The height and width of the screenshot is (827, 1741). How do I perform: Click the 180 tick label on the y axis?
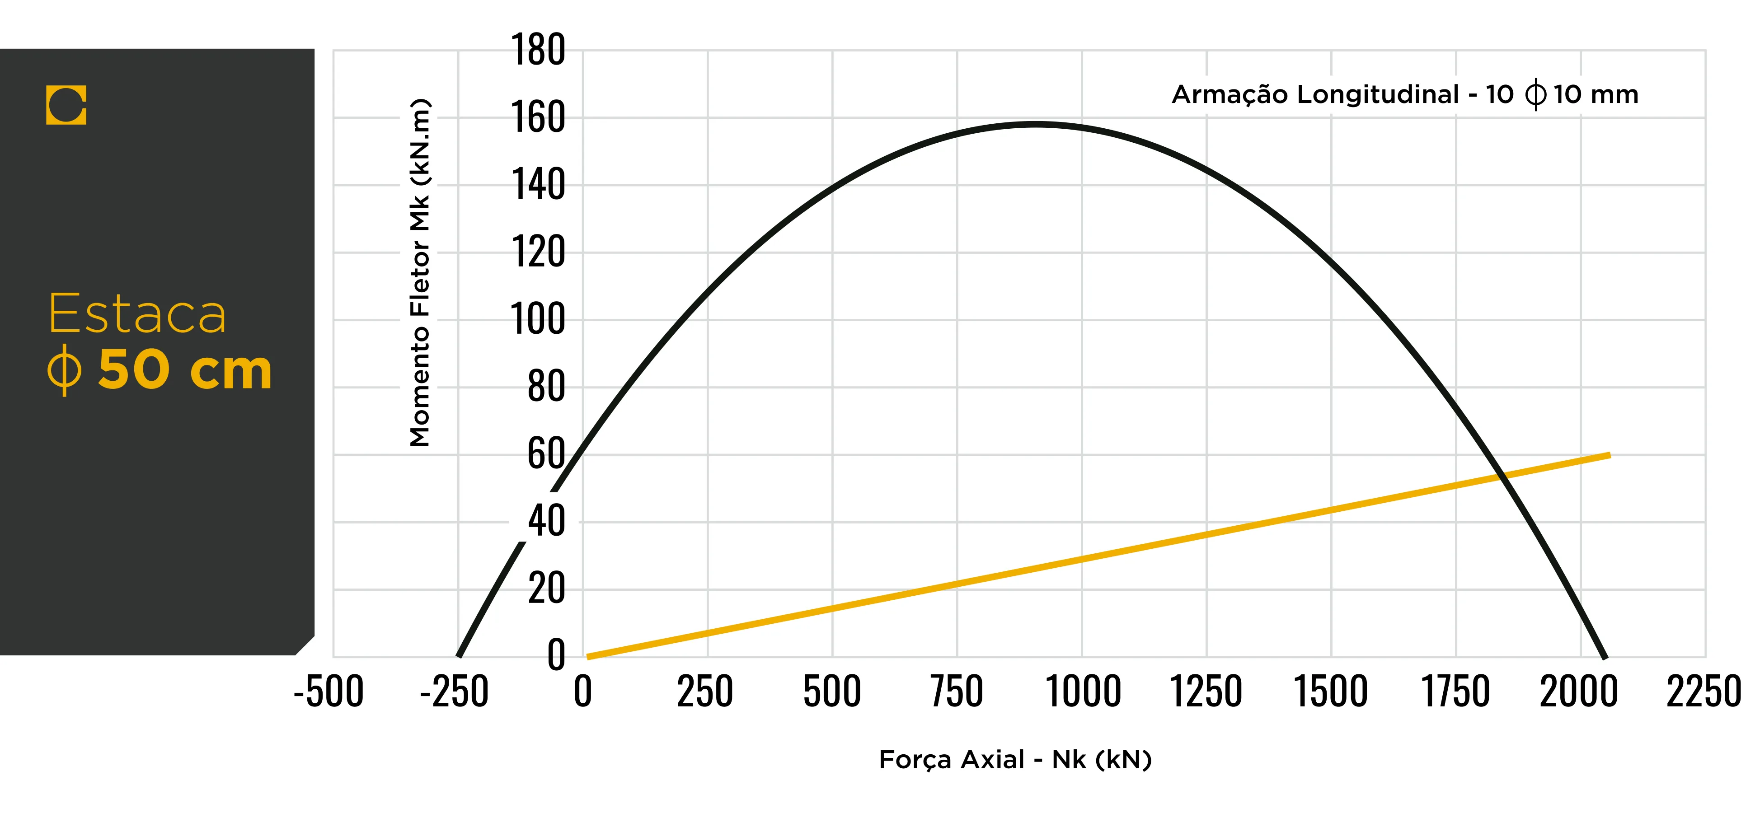[x=538, y=50]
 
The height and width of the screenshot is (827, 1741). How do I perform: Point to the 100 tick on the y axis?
[x=538, y=320]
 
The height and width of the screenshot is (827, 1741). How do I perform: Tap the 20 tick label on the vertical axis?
[x=547, y=589]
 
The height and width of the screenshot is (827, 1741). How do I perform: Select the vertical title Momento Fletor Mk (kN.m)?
[x=420, y=272]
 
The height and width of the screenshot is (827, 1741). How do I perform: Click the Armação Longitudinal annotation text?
[x=1404, y=94]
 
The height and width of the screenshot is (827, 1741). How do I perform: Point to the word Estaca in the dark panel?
[x=137, y=314]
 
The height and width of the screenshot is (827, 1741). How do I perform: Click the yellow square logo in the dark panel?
[x=66, y=105]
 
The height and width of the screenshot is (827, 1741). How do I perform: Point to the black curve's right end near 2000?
[x=1605, y=655]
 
